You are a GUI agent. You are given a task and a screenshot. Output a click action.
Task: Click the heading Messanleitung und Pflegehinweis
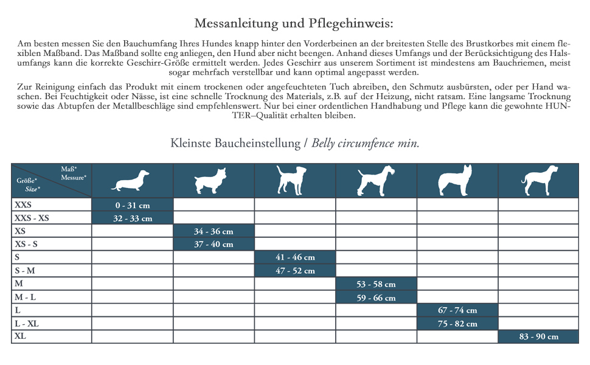[294, 24]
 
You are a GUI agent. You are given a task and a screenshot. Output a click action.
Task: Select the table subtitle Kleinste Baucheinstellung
[235, 144]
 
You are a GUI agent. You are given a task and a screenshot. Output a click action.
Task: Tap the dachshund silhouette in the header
[131, 181]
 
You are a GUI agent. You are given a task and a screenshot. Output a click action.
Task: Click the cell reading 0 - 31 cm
[133, 206]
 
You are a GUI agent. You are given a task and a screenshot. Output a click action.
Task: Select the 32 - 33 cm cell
[133, 218]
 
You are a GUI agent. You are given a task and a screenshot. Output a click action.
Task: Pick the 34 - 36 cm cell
[213, 231]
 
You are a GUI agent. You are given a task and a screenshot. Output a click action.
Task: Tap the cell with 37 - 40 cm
[213, 244]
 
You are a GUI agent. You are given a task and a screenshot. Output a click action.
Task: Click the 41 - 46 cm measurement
[295, 257]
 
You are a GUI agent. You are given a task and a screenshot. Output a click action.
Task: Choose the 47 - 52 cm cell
[295, 271]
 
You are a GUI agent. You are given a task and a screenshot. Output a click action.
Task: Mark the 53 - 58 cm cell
[376, 284]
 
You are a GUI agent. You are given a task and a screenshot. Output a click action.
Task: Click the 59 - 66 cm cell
[376, 297]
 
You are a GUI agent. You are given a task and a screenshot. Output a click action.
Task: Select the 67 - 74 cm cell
[457, 310]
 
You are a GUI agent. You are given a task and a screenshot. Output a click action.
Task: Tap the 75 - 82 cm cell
[457, 324]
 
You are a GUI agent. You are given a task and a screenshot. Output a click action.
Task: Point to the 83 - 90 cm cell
[539, 336]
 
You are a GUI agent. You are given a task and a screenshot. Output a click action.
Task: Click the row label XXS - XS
[32, 218]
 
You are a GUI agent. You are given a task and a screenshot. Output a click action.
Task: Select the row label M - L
[25, 297]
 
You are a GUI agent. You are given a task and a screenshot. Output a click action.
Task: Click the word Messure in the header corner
[73, 177]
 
